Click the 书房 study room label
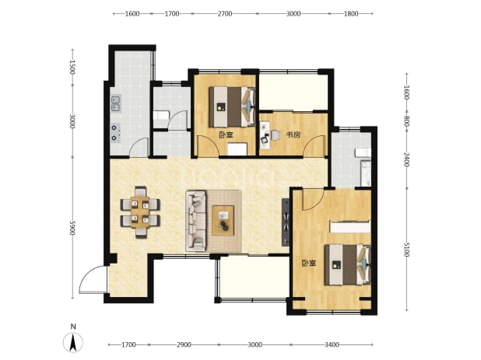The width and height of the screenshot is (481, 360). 293,135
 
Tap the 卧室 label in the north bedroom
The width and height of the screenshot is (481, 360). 226,135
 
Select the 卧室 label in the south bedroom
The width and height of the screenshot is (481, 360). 309,263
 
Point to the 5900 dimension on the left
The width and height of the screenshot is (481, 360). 72,228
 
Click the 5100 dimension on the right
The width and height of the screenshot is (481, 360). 406,250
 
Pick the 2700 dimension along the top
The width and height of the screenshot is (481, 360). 225,13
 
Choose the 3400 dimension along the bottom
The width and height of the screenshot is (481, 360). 332,344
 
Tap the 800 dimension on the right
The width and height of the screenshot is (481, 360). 406,119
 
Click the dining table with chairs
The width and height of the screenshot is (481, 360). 140,212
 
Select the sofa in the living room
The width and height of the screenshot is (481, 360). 195,221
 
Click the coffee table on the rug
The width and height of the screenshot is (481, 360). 223,221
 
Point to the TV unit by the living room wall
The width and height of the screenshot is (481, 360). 286,222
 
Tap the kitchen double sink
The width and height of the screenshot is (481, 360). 116,103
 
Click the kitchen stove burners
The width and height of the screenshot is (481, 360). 116,132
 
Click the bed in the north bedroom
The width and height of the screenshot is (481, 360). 232,107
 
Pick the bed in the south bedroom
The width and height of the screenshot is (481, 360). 348,264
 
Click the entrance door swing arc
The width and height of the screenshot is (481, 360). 89,274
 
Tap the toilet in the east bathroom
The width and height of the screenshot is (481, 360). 363,153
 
